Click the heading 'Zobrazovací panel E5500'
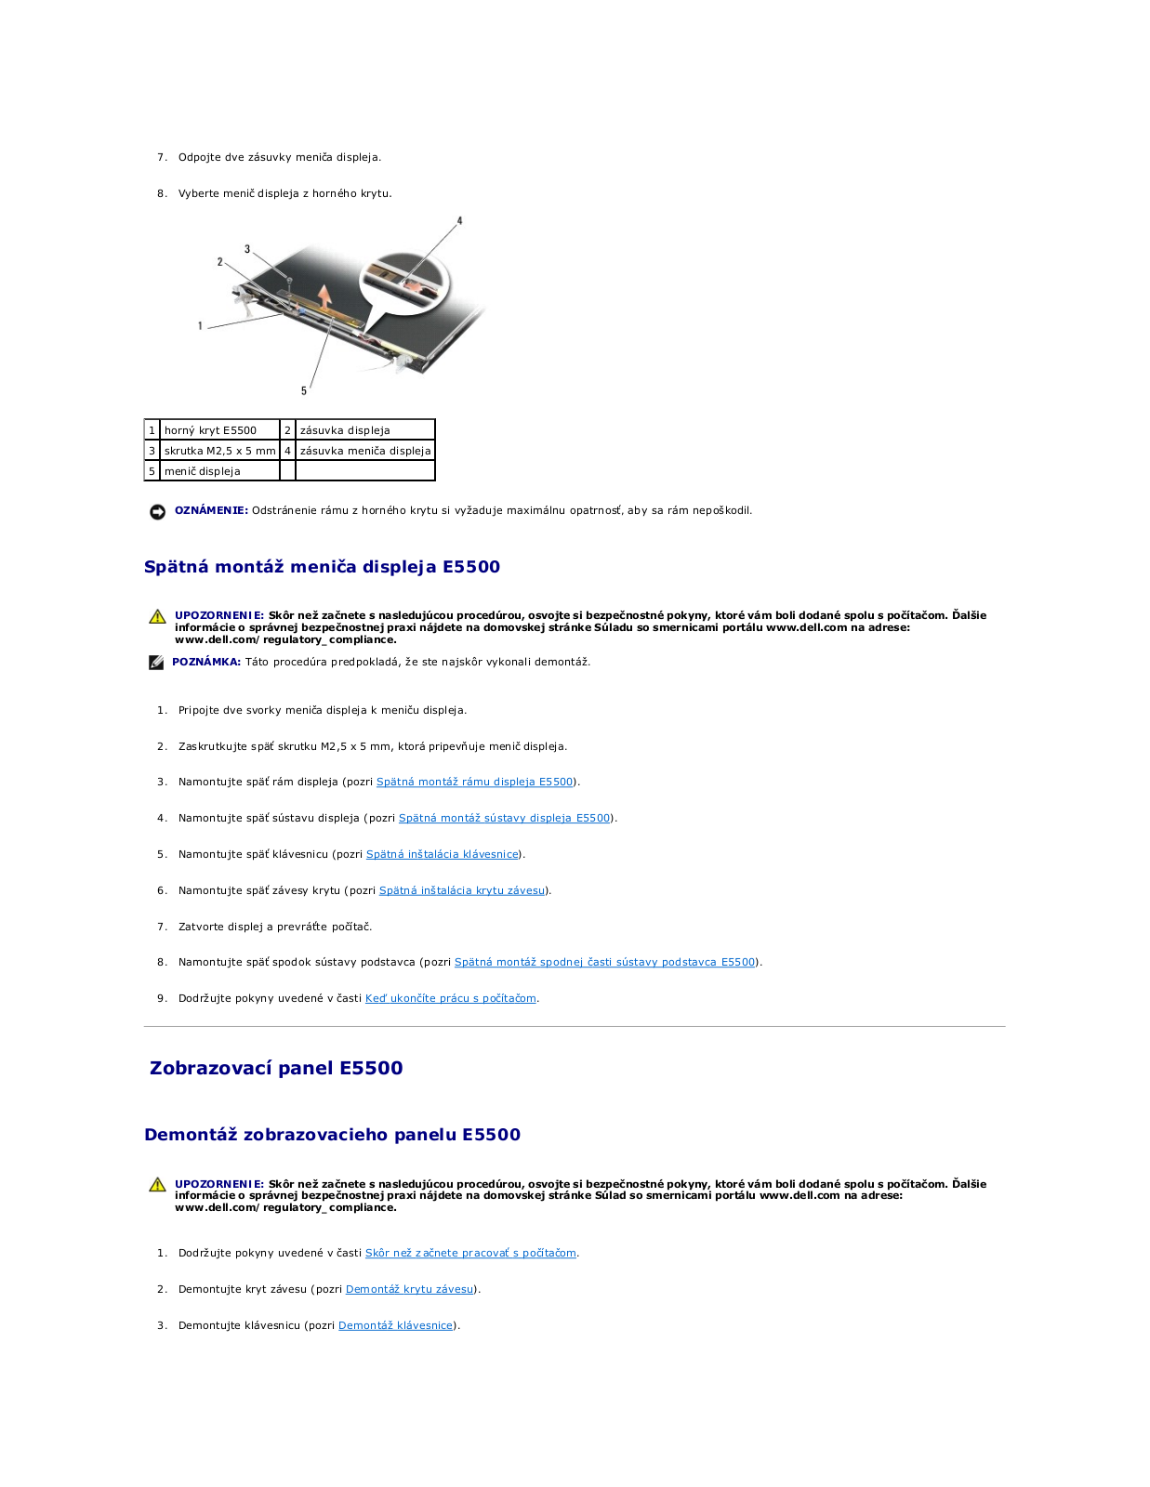point(276,1068)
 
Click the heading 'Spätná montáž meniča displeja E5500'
point(322,567)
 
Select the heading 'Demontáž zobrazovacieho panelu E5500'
point(332,1135)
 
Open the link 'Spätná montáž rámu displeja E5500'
point(474,783)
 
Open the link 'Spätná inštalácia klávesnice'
point(442,855)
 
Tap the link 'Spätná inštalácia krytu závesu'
point(461,890)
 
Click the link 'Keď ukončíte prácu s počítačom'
point(450,998)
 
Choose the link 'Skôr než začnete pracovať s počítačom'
point(470,1254)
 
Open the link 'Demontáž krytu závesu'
point(409,1289)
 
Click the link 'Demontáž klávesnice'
point(395,1325)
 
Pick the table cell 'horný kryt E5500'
point(219,430)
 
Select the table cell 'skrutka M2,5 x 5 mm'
point(219,451)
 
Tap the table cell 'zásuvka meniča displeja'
point(364,451)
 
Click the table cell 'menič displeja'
point(219,471)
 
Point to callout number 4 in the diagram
point(459,221)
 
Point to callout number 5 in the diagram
point(303,390)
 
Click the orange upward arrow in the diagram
point(324,296)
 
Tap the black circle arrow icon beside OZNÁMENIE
point(158,511)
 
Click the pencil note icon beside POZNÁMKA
point(156,663)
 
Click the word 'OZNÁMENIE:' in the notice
point(211,510)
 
